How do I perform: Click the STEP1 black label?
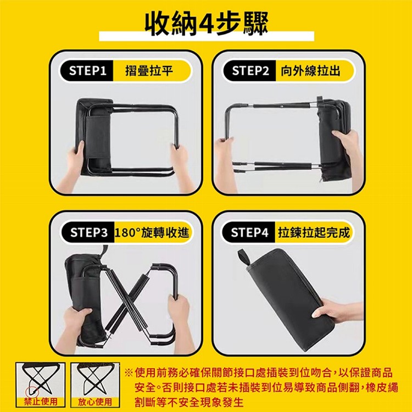[88, 71]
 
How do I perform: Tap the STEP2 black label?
[250, 71]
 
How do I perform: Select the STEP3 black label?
[88, 233]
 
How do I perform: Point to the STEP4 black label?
[250, 233]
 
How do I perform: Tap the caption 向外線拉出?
[310, 71]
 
